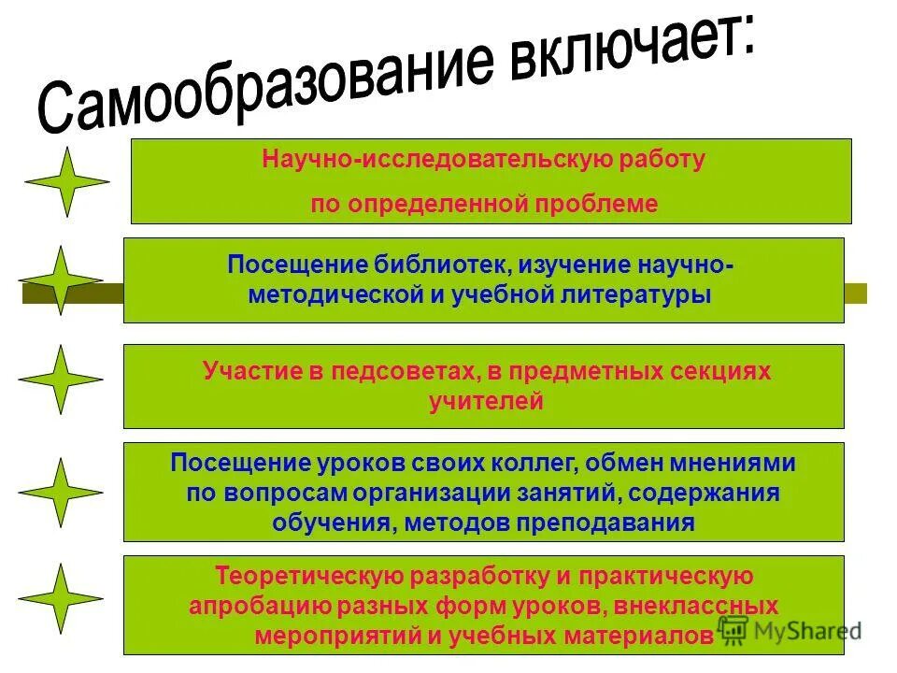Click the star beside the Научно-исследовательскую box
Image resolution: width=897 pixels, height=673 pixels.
[66, 181]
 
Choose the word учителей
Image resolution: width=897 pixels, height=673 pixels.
[485, 402]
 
